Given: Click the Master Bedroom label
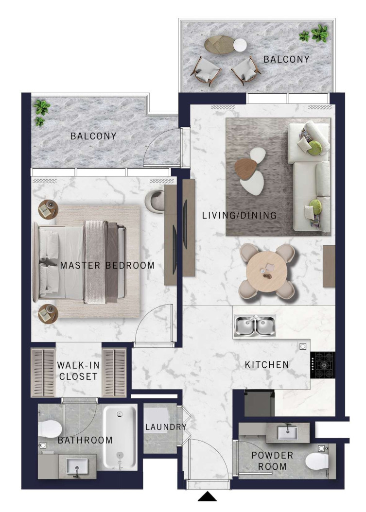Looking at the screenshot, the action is click(x=107, y=265).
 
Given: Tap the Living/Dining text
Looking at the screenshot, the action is click(x=239, y=215).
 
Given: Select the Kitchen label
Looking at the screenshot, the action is click(x=267, y=364).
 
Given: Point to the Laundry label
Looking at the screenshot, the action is click(x=166, y=427).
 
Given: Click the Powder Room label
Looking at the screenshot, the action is click(x=272, y=461).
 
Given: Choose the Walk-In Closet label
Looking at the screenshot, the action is click(x=78, y=371).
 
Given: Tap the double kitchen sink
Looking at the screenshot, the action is click(x=255, y=326).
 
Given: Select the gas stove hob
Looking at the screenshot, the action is click(x=323, y=365).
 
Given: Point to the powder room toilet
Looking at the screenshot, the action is click(x=317, y=461).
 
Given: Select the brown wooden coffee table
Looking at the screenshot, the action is click(x=246, y=169).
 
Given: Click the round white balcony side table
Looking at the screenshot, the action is click(x=240, y=45).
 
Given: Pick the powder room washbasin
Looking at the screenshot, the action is click(x=288, y=433).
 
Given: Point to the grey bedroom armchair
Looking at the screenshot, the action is click(x=155, y=201).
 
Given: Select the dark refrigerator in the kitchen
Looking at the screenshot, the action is click(x=260, y=403).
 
